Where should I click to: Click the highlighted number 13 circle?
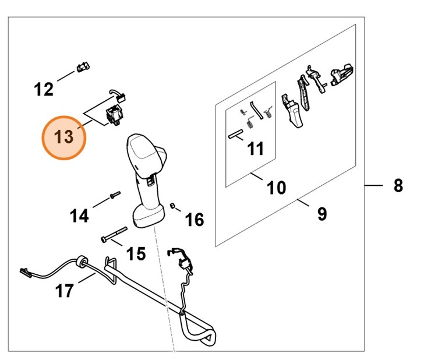point(63,138)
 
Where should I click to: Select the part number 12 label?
point(44,90)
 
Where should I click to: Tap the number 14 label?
point(79,216)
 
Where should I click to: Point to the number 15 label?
point(136,253)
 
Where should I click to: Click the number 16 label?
point(195,220)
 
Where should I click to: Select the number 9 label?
point(322,214)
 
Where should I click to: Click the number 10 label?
point(276,188)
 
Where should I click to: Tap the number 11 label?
point(254,149)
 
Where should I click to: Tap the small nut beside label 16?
point(173,206)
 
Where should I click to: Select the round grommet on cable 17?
point(80,262)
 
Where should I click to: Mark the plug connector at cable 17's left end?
point(24,271)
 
